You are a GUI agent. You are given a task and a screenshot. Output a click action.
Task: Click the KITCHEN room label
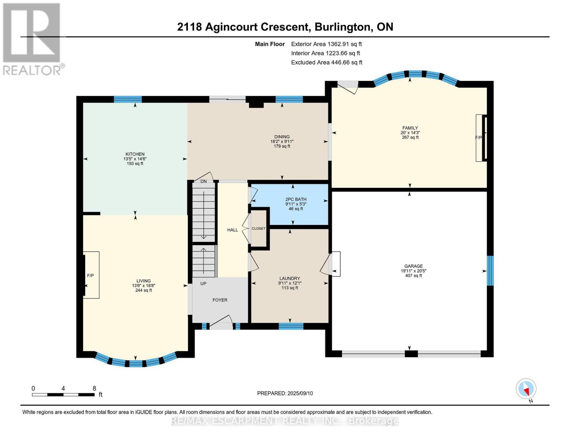[x=135, y=154]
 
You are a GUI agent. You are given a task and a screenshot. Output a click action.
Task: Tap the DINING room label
[x=282, y=137]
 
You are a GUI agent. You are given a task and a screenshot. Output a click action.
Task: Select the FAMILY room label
[x=410, y=128]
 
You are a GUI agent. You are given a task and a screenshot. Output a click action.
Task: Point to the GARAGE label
[x=413, y=266]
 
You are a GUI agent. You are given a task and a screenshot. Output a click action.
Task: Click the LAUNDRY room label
[x=290, y=279]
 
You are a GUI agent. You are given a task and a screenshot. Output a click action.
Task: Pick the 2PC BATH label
[x=296, y=199]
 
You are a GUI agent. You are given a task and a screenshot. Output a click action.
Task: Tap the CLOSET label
[x=258, y=229]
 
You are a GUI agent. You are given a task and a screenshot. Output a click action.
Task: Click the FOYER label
[x=220, y=300]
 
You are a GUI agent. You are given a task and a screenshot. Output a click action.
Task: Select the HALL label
[x=232, y=230]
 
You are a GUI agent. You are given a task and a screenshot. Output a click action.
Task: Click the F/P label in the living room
[x=90, y=276]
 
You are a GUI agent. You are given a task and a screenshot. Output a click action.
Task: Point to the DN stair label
[x=204, y=181]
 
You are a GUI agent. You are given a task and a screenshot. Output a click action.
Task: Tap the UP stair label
[x=203, y=284]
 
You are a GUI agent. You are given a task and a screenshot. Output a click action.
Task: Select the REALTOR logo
[x=32, y=39]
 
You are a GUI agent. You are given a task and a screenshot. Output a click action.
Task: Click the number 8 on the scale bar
[x=94, y=388]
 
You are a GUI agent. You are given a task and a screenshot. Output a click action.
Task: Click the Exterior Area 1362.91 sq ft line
[x=326, y=44]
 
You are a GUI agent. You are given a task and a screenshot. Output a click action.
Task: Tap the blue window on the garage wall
[x=490, y=270]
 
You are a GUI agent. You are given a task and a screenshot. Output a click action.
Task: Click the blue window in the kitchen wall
[x=128, y=99]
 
